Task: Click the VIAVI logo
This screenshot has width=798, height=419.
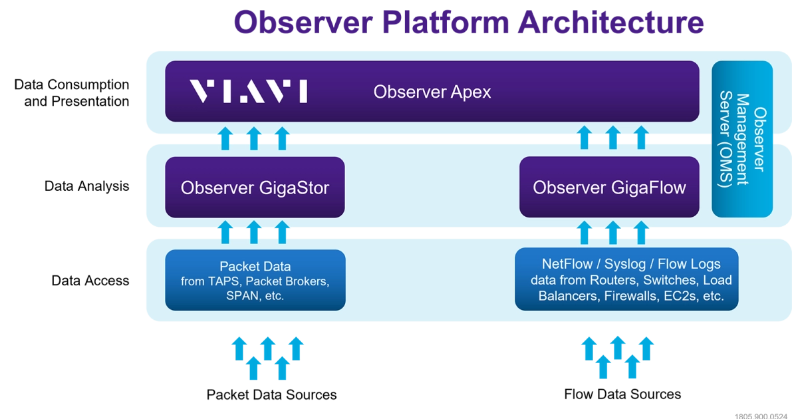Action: tap(248, 91)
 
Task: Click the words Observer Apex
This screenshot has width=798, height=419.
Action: tap(432, 92)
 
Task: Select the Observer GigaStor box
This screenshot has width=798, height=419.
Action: tap(255, 188)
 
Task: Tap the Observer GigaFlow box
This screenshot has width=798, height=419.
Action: tap(609, 188)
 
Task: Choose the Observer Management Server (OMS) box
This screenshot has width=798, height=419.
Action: tap(742, 139)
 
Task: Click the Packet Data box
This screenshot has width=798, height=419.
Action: tap(255, 280)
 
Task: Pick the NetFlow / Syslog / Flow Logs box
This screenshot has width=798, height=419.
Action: tap(626, 279)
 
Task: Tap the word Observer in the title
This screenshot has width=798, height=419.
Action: tap(303, 23)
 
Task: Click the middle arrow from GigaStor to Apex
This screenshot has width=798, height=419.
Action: tap(253, 138)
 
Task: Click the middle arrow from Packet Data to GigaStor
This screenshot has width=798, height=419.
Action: tap(253, 232)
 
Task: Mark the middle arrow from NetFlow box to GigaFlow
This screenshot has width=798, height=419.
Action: tap(612, 232)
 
